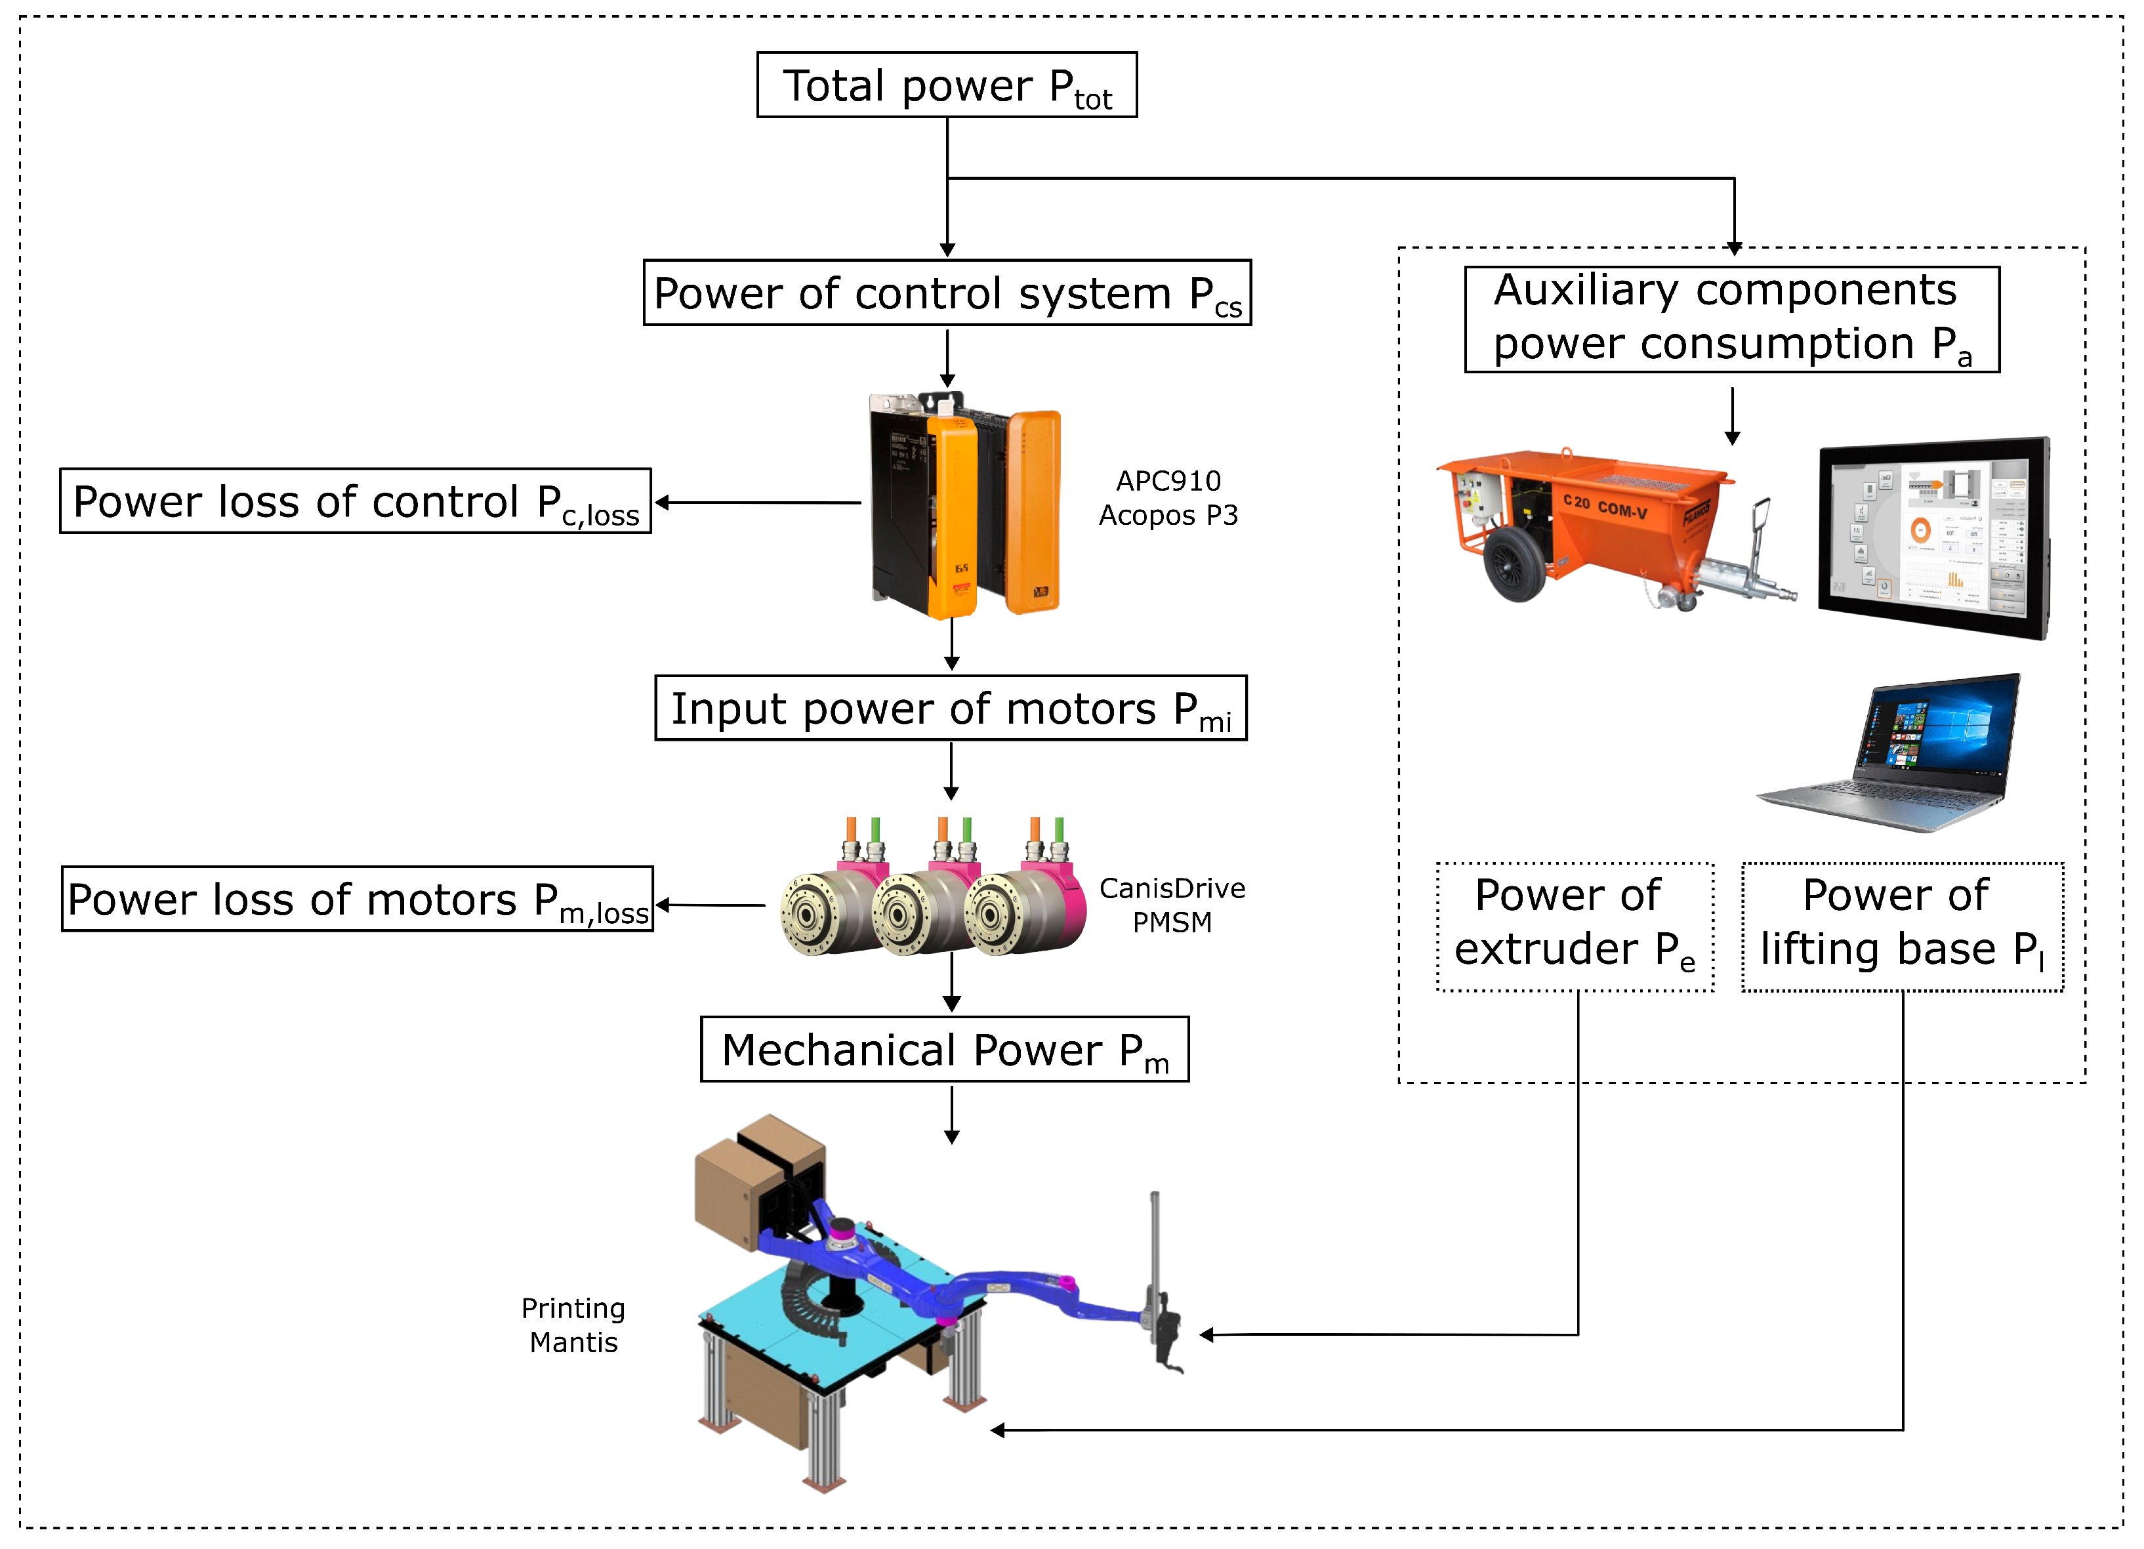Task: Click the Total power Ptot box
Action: point(946,85)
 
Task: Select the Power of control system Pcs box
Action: point(946,293)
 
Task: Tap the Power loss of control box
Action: point(356,501)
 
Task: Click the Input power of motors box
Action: point(950,708)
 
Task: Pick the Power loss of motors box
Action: point(358,899)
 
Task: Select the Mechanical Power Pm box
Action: point(944,1049)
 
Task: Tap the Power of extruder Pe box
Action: point(1575,926)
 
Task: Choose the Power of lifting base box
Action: point(1902,926)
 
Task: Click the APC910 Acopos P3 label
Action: point(1168,498)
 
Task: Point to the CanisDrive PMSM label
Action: point(1172,905)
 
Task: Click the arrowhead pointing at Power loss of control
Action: point(663,503)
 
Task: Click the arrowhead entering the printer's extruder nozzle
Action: point(1207,1334)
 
